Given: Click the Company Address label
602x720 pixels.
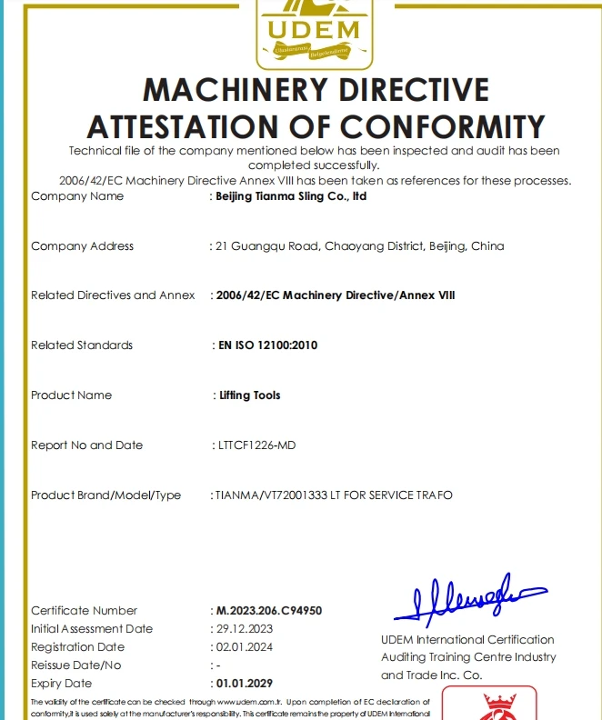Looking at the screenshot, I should tap(82, 246).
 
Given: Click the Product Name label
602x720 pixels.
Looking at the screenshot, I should tap(71, 395).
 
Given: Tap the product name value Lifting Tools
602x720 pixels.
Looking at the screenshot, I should tap(250, 395).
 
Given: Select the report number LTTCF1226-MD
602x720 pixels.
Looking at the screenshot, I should tap(256, 445).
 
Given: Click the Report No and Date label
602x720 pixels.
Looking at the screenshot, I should tap(86, 445).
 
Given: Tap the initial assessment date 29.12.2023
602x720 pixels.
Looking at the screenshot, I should tap(246, 629).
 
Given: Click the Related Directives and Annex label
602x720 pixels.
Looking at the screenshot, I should tap(113, 295).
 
